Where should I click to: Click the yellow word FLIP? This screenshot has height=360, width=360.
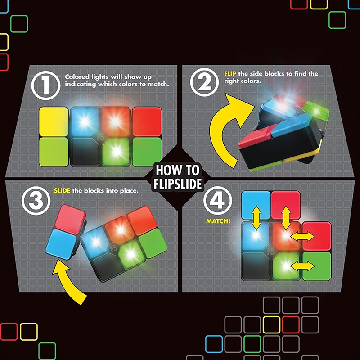(230, 73)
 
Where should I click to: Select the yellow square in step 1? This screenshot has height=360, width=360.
(54, 121)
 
